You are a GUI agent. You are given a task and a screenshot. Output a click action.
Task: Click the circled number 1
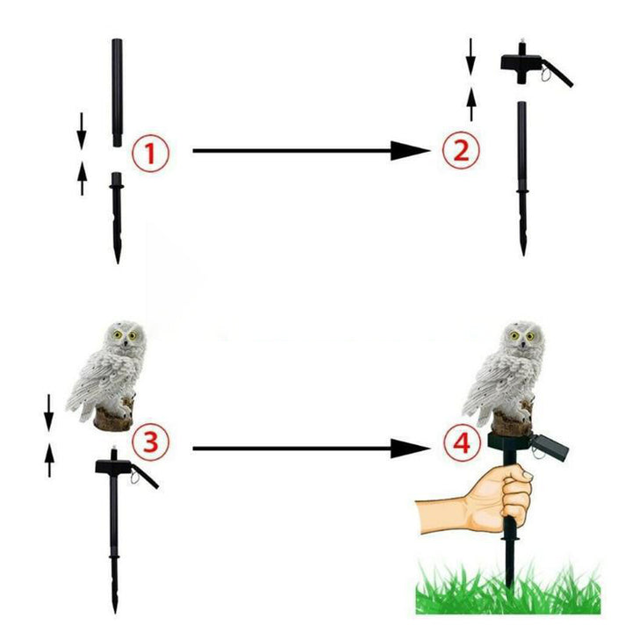[151, 153]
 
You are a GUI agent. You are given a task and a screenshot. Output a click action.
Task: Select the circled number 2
[461, 151]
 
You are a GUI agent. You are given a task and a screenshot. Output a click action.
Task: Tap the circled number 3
[151, 441]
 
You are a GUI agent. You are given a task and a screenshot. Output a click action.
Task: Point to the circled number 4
[462, 443]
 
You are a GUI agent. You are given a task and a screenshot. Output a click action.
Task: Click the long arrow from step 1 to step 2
[311, 151]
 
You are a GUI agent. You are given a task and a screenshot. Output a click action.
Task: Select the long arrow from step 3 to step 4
[311, 449]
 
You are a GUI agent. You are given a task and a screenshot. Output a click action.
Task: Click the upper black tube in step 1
[117, 92]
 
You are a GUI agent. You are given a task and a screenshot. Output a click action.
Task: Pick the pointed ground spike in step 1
[117, 218]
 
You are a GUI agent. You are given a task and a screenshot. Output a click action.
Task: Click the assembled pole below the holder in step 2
[522, 178]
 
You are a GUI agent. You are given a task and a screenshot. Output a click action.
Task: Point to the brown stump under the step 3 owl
[113, 419]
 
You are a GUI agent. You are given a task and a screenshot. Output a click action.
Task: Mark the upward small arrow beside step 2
[470, 103]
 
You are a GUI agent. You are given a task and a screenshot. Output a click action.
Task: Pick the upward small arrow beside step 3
[49, 459]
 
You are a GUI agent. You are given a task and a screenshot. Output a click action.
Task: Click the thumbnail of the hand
[526, 475]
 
